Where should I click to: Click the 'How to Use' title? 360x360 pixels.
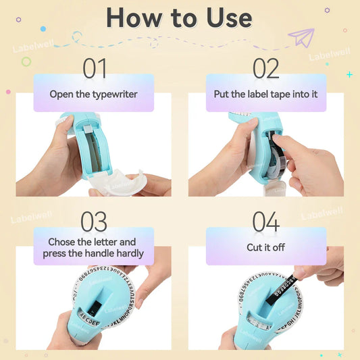click(x=179, y=18)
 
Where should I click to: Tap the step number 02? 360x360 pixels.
click(x=265, y=68)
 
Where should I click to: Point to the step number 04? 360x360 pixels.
click(x=265, y=222)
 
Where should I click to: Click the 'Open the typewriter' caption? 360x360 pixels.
click(x=93, y=94)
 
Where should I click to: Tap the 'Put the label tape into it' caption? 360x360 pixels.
click(x=265, y=94)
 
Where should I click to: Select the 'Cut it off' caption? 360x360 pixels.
click(x=265, y=247)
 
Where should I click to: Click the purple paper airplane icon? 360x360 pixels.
click(x=301, y=38)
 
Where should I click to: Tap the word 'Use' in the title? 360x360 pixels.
click(x=221, y=18)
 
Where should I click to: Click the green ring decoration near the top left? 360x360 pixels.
click(x=26, y=61)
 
